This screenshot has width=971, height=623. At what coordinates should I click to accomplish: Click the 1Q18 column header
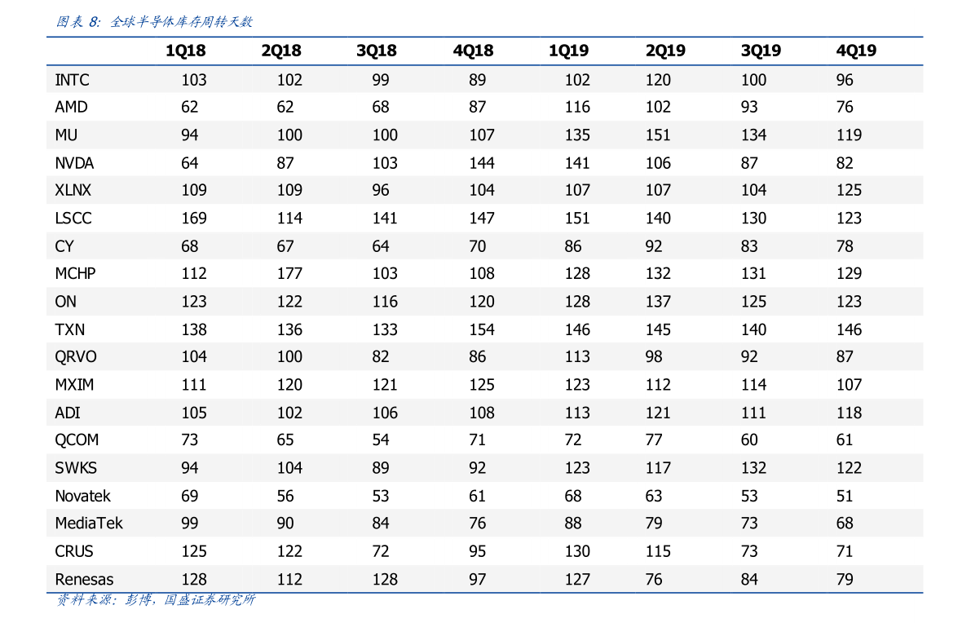(185, 51)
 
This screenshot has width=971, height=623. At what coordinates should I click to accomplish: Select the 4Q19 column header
(856, 51)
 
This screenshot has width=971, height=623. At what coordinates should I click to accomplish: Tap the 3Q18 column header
(376, 51)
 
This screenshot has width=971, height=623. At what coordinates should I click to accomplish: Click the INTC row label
(72, 80)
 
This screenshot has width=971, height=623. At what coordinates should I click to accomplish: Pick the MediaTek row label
(89, 524)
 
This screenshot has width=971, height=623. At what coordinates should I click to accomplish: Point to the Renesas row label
(84, 579)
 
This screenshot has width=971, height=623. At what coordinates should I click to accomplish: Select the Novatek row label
(82, 496)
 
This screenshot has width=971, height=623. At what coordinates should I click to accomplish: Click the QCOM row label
(76, 440)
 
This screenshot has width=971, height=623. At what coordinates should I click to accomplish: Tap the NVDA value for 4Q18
(481, 163)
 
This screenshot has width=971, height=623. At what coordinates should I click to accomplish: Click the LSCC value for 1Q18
(194, 218)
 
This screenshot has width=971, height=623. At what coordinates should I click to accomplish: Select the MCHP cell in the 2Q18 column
(289, 273)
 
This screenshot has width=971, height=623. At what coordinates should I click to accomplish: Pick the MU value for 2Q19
(658, 135)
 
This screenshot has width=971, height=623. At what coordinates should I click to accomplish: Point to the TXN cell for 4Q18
(481, 329)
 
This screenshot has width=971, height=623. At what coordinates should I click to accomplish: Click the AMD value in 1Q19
(577, 107)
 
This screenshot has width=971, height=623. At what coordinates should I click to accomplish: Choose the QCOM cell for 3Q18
(380, 440)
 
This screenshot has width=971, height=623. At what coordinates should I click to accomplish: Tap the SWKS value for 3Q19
(753, 467)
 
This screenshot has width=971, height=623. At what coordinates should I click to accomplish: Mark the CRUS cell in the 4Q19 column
(844, 551)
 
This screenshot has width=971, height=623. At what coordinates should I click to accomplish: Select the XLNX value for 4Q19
(849, 190)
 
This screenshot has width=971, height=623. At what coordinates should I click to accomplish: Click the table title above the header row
(154, 22)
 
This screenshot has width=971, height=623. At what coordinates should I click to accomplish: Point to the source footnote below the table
(156, 599)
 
